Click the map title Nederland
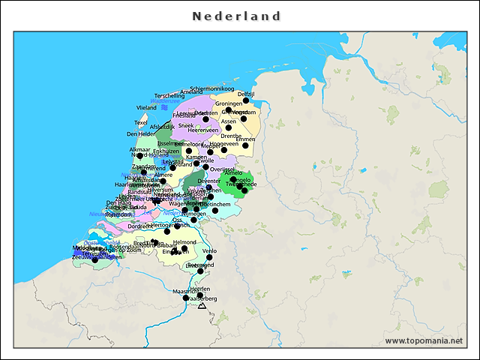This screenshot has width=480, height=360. tap(236, 16)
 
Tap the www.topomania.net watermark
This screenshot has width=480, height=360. tap(424, 340)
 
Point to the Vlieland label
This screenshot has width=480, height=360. tap(147, 108)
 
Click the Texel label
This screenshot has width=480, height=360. tap(141, 122)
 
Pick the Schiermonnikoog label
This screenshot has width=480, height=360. tap(212, 88)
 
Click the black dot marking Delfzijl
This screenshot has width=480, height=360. tap(246, 100)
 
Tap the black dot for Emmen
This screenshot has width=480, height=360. tap(245, 145)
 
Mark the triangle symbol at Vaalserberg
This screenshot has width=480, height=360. tap(202, 306)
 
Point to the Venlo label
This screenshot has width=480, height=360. tap(209, 251)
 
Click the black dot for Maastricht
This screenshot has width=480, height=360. tap(186, 298)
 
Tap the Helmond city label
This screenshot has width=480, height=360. tap(184, 242)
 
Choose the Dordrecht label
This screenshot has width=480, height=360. tap(140, 226)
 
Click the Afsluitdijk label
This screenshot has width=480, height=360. tap(161, 127)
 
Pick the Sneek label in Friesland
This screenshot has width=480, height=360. tap(186, 126)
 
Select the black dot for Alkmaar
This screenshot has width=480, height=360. tap(139, 156)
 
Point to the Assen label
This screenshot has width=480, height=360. tap(229, 121)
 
